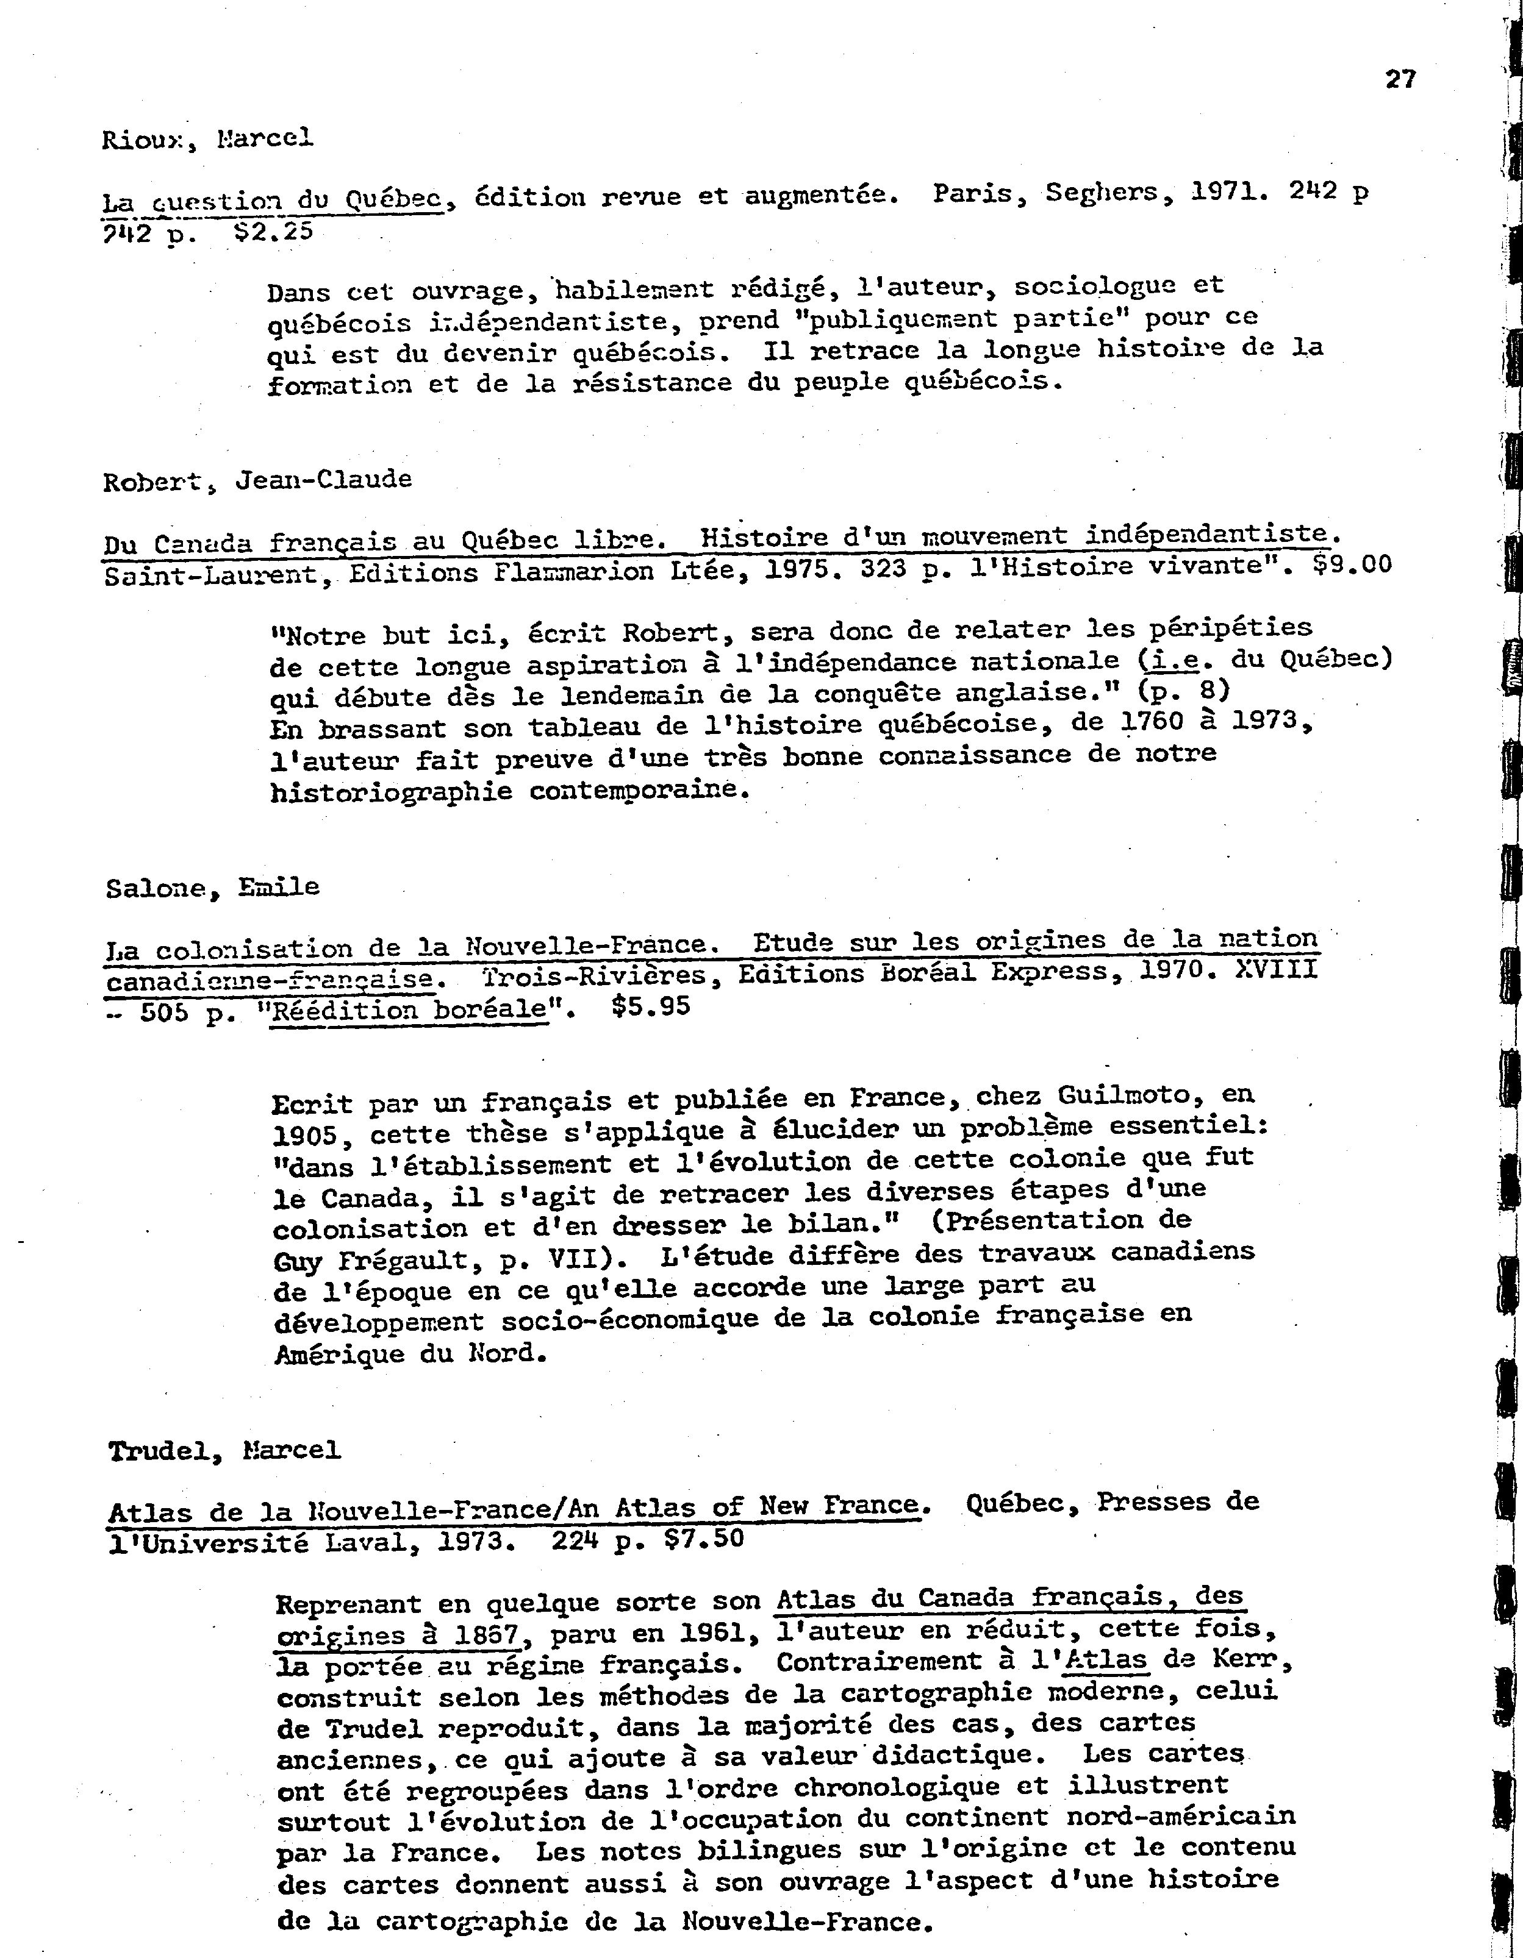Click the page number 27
pyautogui.click(x=1400, y=80)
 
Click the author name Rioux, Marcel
pyautogui.click(x=208, y=139)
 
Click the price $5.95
pyautogui.click(x=650, y=1006)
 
